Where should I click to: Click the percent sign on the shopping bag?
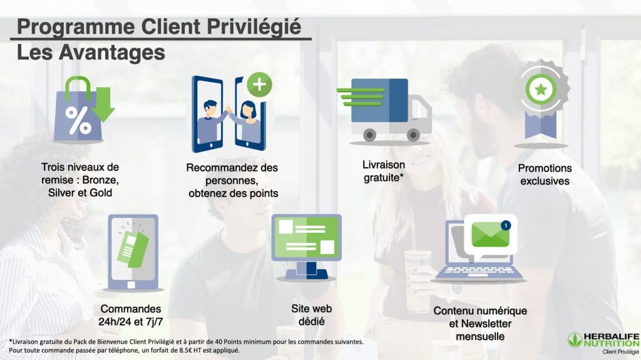pos(78,121)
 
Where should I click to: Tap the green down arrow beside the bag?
pos(103,105)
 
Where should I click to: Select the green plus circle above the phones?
pos(259,85)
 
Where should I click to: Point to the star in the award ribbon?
pos(541,89)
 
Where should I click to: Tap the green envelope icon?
pos(490,234)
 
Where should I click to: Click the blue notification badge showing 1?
pos(506,225)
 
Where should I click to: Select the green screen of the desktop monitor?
pos(307,237)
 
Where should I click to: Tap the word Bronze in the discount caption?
pos(100,180)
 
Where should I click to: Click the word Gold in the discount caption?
pos(101,193)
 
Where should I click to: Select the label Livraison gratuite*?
pos(384,171)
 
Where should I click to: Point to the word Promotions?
pos(545,168)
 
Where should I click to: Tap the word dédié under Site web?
pos(312,322)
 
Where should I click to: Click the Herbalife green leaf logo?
pos(575,341)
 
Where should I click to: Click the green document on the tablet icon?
pos(133,249)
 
